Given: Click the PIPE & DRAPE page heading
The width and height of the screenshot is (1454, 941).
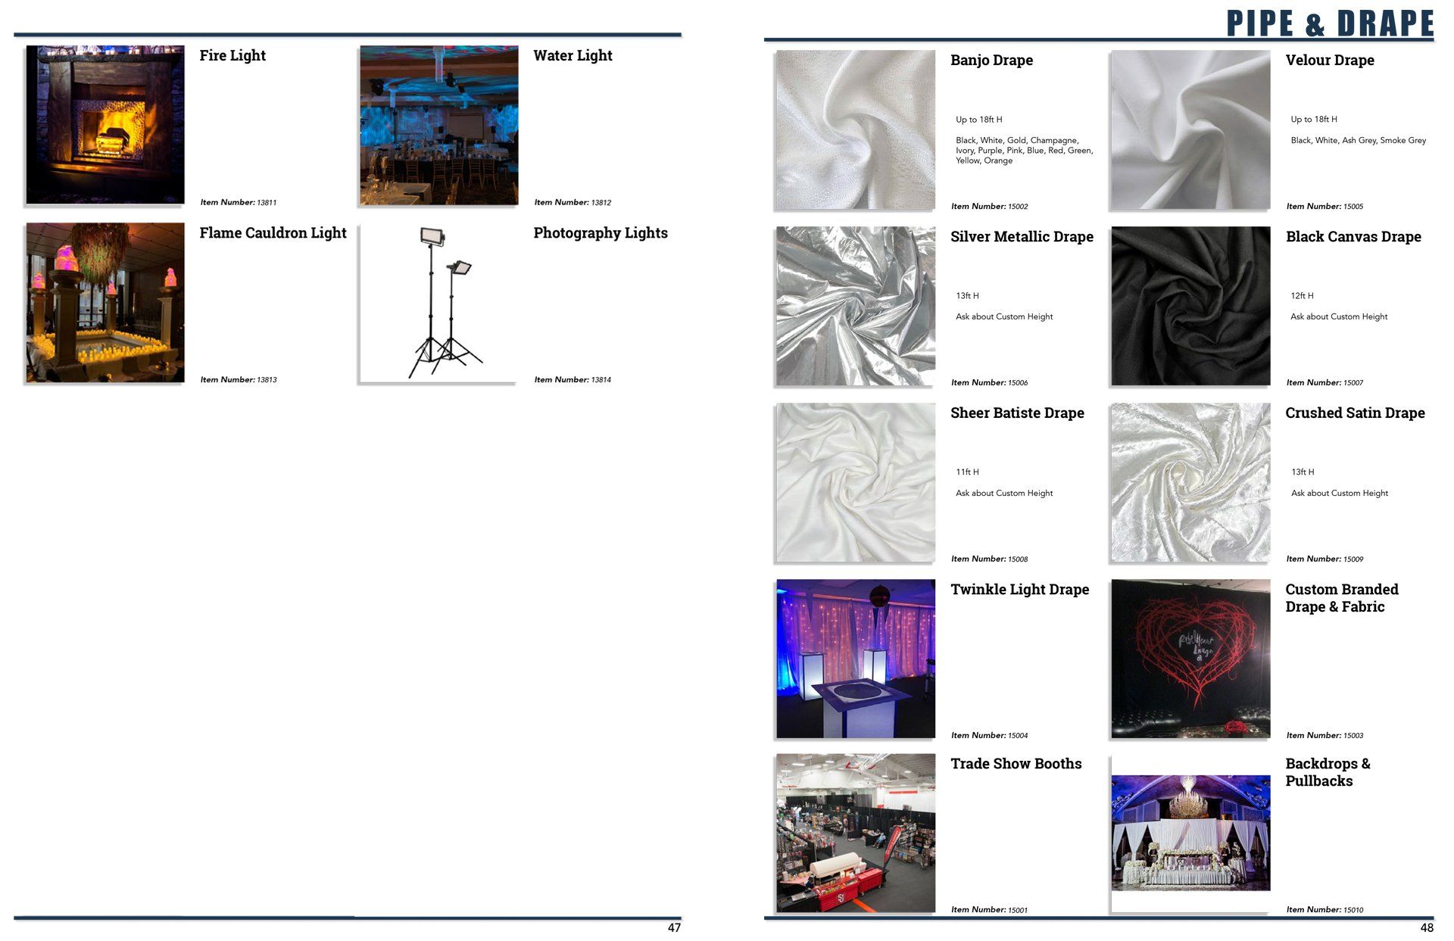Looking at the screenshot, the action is [x=1330, y=23].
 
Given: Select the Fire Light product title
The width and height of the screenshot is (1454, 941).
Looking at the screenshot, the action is [x=232, y=55].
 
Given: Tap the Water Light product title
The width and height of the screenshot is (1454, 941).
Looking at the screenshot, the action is [x=573, y=55].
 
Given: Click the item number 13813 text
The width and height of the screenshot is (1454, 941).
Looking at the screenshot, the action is [x=239, y=380].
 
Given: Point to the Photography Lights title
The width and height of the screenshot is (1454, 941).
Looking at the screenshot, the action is [x=601, y=233].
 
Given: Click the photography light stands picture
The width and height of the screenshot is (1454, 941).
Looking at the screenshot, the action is [x=439, y=303].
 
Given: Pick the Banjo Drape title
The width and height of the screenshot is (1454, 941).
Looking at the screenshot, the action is [x=991, y=60].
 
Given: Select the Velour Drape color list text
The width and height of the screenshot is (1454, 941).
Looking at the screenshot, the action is [x=1358, y=140].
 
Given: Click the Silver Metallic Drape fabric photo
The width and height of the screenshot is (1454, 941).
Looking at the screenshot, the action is [x=856, y=306].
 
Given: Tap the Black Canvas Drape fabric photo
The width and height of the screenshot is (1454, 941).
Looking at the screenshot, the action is [x=1190, y=306].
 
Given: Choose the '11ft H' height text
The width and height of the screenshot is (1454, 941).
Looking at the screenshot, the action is [x=967, y=472].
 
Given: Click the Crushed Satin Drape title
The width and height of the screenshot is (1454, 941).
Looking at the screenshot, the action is [x=1355, y=413].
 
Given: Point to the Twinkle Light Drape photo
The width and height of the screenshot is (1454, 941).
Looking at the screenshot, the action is [x=856, y=659].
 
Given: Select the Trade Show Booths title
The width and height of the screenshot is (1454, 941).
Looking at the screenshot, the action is [x=1016, y=764].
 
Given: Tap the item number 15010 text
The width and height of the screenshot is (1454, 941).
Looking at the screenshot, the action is [x=1325, y=910].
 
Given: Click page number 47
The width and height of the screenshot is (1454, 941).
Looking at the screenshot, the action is [x=674, y=928].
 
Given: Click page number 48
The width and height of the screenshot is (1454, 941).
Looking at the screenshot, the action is [x=1427, y=928].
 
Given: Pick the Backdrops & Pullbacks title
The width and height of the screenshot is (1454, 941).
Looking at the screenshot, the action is [x=1328, y=772].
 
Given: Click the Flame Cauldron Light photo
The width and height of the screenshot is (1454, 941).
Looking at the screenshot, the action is [x=105, y=303].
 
